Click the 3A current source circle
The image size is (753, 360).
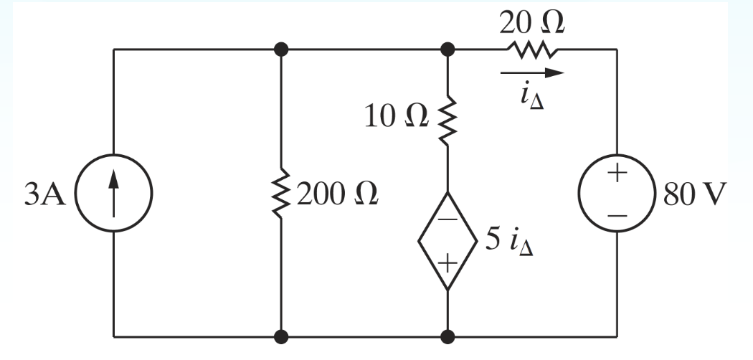tap(114, 194)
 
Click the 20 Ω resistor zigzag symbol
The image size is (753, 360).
tap(532, 49)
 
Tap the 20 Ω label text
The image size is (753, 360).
tap(531, 22)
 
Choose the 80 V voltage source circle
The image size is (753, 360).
tap(617, 194)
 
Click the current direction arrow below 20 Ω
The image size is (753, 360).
tap(532, 72)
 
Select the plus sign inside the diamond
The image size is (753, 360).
tap(447, 263)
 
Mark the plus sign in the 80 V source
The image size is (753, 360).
tap(617, 176)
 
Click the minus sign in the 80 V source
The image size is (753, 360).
tap(617, 214)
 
